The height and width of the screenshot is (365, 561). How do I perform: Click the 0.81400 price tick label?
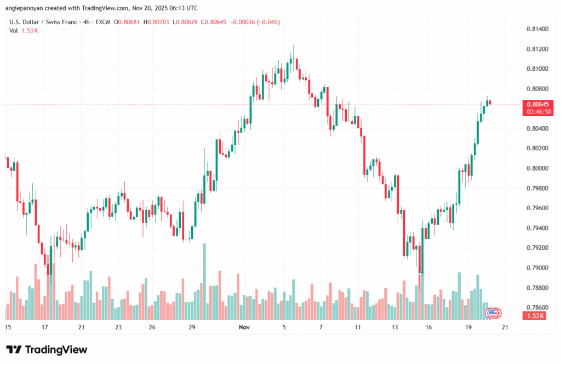pos(536,29)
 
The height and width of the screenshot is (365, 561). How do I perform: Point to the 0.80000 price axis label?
pos(536,169)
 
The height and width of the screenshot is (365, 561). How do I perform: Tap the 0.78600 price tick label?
pos(536,308)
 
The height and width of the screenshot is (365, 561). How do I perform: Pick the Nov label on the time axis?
pos(244,327)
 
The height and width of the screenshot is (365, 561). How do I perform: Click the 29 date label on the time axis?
pos(192,327)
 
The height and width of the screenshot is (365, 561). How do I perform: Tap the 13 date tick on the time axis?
pos(394,327)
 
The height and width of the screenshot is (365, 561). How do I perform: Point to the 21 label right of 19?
pos(505,327)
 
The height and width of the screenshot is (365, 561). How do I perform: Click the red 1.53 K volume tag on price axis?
pos(536,316)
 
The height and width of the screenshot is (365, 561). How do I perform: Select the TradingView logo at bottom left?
pos(47,350)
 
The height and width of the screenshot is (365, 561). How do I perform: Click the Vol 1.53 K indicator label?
pos(24,31)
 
